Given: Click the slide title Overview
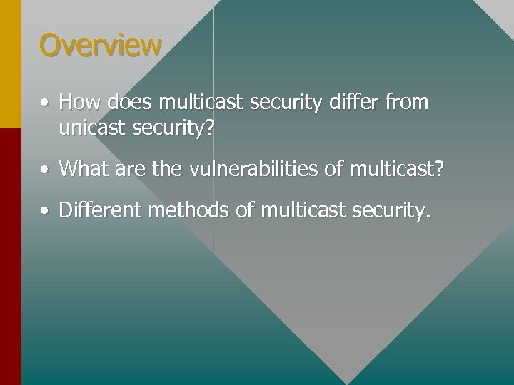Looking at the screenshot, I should [101, 45].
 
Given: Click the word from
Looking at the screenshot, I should [406, 103].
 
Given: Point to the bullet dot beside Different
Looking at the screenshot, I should [45, 212].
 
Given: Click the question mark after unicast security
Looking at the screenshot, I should [210, 129].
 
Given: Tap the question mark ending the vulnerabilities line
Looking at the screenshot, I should [439, 170].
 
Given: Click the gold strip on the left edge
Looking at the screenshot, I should [11, 64].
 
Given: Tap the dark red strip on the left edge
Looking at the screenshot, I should [11, 257].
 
